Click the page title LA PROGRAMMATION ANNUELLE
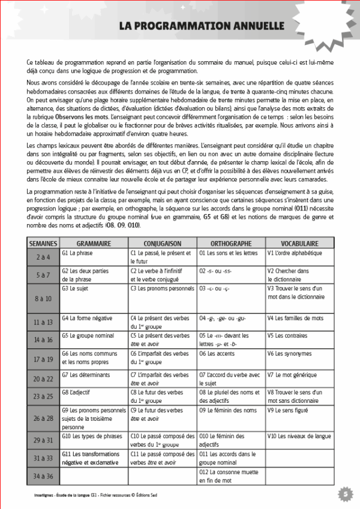pos(201,26)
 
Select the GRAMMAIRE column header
pos(93,244)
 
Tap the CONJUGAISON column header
pos(163,244)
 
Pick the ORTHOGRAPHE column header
pos(231,244)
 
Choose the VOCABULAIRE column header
pos(299,244)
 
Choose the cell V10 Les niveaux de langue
pos(299,436)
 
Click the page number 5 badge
pos(345,493)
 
